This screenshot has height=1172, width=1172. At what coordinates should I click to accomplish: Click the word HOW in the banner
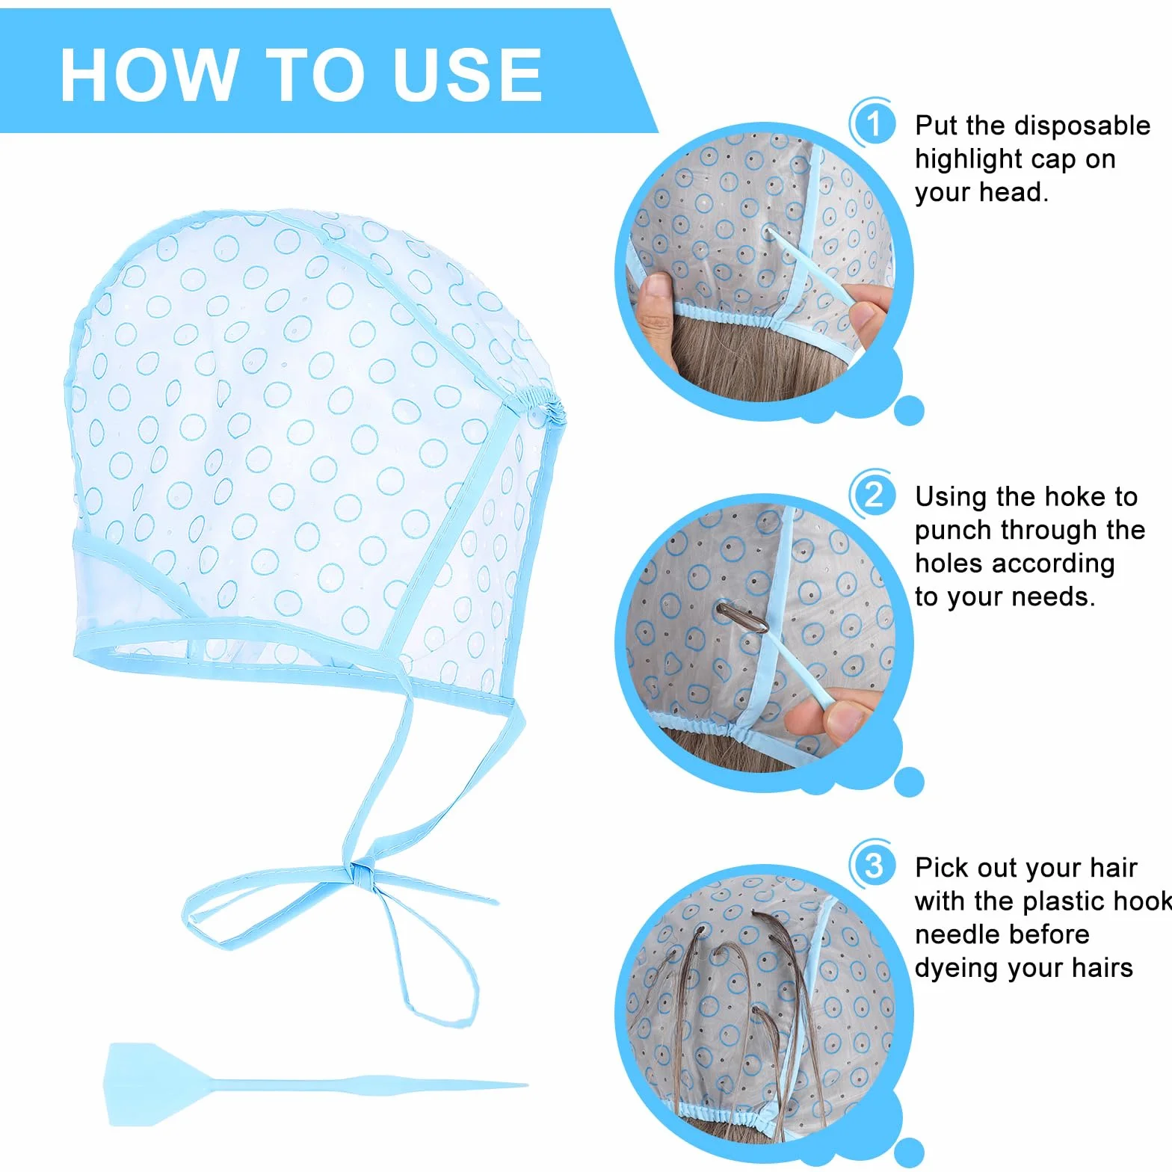click(x=146, y=74)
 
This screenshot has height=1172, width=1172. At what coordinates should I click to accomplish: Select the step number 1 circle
click(x=873, y=123)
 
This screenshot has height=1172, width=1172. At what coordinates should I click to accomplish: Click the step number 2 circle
click(x=873, y=495)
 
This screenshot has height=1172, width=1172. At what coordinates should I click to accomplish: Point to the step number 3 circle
click(x=873, y=866)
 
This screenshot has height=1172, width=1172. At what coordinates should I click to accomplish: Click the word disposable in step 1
click(x=1077, y=126)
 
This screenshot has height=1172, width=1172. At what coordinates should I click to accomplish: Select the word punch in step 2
click(x=954, y=531)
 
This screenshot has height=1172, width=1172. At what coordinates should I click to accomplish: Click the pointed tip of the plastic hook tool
click(x=526, y=1085)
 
